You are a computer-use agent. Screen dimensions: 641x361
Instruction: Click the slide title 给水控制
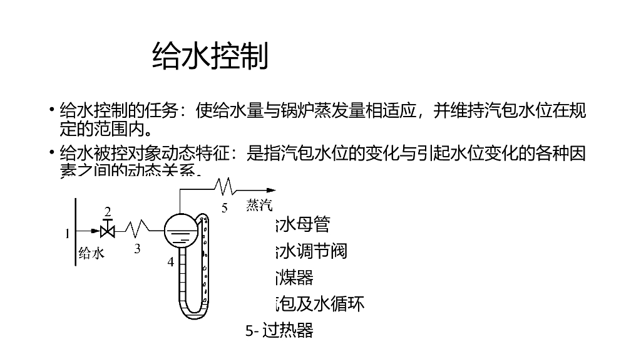210,56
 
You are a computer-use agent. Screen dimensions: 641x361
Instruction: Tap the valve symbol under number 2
108,231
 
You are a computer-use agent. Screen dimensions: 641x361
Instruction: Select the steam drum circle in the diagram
180,230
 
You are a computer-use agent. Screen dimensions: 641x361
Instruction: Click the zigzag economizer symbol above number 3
137,226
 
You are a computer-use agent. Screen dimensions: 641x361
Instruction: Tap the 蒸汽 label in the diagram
259,205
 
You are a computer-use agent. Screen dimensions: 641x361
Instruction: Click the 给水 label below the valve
91,253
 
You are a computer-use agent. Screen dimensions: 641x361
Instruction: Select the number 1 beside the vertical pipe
68,234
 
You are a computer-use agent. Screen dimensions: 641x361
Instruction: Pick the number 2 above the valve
108,212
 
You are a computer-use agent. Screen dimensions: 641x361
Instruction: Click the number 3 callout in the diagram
137,248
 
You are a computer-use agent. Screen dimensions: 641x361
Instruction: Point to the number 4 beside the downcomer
170,263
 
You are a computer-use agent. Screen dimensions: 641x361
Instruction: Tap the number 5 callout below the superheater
224,208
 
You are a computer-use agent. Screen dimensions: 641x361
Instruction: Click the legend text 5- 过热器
279,330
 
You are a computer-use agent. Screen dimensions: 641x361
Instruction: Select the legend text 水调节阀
311,251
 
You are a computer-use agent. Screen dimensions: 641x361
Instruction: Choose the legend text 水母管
302,224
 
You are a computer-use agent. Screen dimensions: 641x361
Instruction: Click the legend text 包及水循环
320,304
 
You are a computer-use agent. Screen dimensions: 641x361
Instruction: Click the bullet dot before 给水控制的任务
52,112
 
